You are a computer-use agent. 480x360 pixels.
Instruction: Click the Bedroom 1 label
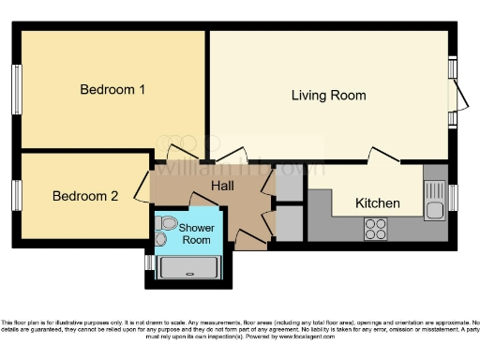(x=112, y=90)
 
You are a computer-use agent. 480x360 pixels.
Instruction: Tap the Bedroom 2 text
(x=85, y=196)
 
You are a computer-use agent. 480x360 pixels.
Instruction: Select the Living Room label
(x=328, y=96)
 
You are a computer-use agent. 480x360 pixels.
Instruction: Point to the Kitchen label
(x=378, y=203)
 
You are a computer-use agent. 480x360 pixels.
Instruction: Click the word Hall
(x=222, y=187)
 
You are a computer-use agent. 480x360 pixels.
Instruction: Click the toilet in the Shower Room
(x=166, y=225)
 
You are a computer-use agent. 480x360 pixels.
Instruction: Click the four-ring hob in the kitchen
(x=376, y=228)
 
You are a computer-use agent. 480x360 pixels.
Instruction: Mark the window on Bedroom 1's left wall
(x=16, y=91)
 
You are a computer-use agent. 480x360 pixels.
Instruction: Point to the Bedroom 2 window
(x=16, y=195)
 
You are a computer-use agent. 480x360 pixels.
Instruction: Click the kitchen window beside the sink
(x=453, y=198)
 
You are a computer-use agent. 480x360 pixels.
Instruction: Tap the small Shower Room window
(x=149, y=262)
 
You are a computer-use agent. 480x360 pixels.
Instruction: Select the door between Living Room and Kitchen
(x=384, y=156)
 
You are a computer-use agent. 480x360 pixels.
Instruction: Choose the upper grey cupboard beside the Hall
(x=290, y=184)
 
